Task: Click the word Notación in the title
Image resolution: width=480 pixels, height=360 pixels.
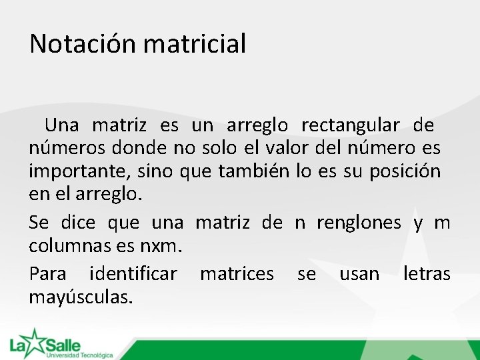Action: [83, 44]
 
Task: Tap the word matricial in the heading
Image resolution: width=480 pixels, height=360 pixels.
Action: [195, 44]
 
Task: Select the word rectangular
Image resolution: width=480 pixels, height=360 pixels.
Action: [351, 125]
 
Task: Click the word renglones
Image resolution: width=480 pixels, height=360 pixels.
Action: [359, 223]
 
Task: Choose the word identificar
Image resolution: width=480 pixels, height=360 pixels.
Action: [133, 273]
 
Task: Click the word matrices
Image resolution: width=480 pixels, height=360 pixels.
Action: [237, 273]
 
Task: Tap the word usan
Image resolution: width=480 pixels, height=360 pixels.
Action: [359, 273]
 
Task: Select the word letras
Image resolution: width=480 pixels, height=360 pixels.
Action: [427, 273]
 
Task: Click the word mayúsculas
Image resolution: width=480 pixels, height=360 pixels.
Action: [81, 297]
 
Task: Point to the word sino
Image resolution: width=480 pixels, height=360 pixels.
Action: [155, 172]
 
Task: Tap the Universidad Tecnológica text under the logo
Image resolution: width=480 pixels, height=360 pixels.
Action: [79, 355]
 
